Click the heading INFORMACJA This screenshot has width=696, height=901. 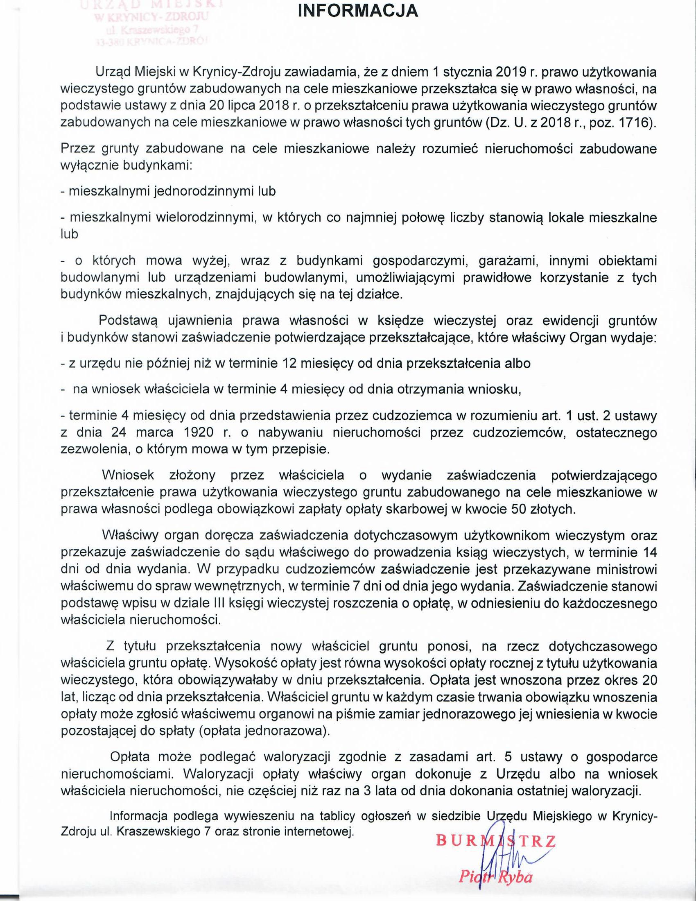point(358,11)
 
